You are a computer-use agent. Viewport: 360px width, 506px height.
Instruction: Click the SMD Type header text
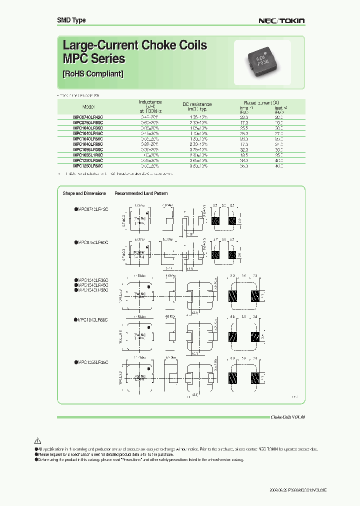(71, 20)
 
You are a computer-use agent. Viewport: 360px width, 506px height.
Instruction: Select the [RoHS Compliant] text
(93, 73)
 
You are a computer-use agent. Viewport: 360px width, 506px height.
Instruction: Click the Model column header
(88, 106)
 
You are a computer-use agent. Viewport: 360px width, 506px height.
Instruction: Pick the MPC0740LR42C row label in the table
(88, 116)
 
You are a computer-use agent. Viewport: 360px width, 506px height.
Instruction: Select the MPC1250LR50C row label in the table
(88, 165)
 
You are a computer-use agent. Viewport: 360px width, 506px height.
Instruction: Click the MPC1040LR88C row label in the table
(88, 143)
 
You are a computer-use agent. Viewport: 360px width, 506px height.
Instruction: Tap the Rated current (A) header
(259, 102)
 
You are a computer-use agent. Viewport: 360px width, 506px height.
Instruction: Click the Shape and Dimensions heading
(84, 193)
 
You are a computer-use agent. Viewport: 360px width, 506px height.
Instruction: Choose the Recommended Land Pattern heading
(141, 193)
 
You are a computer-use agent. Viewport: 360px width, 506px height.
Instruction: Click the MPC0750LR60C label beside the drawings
(91, 242)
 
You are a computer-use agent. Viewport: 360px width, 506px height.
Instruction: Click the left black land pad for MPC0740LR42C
(216, 220)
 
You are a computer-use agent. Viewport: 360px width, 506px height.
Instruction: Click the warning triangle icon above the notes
(37, 441)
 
